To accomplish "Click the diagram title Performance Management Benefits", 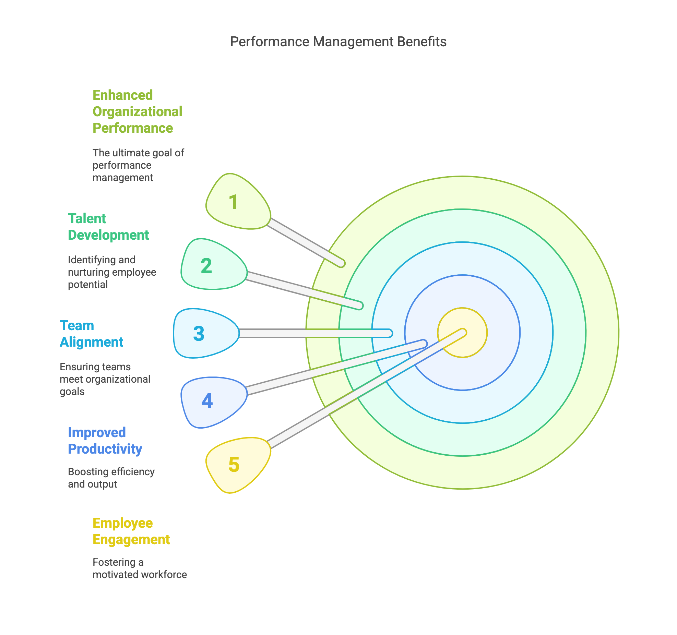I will (x=338, y=42).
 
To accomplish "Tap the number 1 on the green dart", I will (x=234, y=202).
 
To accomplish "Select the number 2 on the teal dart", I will (x=206, y=266).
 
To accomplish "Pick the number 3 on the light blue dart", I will (x=199, y=334).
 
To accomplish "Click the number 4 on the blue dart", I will (x=207, y=400).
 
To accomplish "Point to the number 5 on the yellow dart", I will (x=234, y=465).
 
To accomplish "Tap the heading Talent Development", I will (x=108, y=227).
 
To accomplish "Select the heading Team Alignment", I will (x=91, y=334).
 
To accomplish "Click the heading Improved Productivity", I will (x=105, y=441).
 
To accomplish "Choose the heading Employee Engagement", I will (x=131, y=531).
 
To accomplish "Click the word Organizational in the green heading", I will (x=137, y=112).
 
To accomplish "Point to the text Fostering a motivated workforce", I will (x=139, y=568).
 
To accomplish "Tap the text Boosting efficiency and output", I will (x=111, y=478).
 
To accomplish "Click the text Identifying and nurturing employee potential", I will (x=111, y=272).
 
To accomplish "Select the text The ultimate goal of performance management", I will (x=138, y=165).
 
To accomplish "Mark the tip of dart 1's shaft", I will (x=341, y=263).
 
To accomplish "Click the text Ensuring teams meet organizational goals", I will (x=105, y=379).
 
